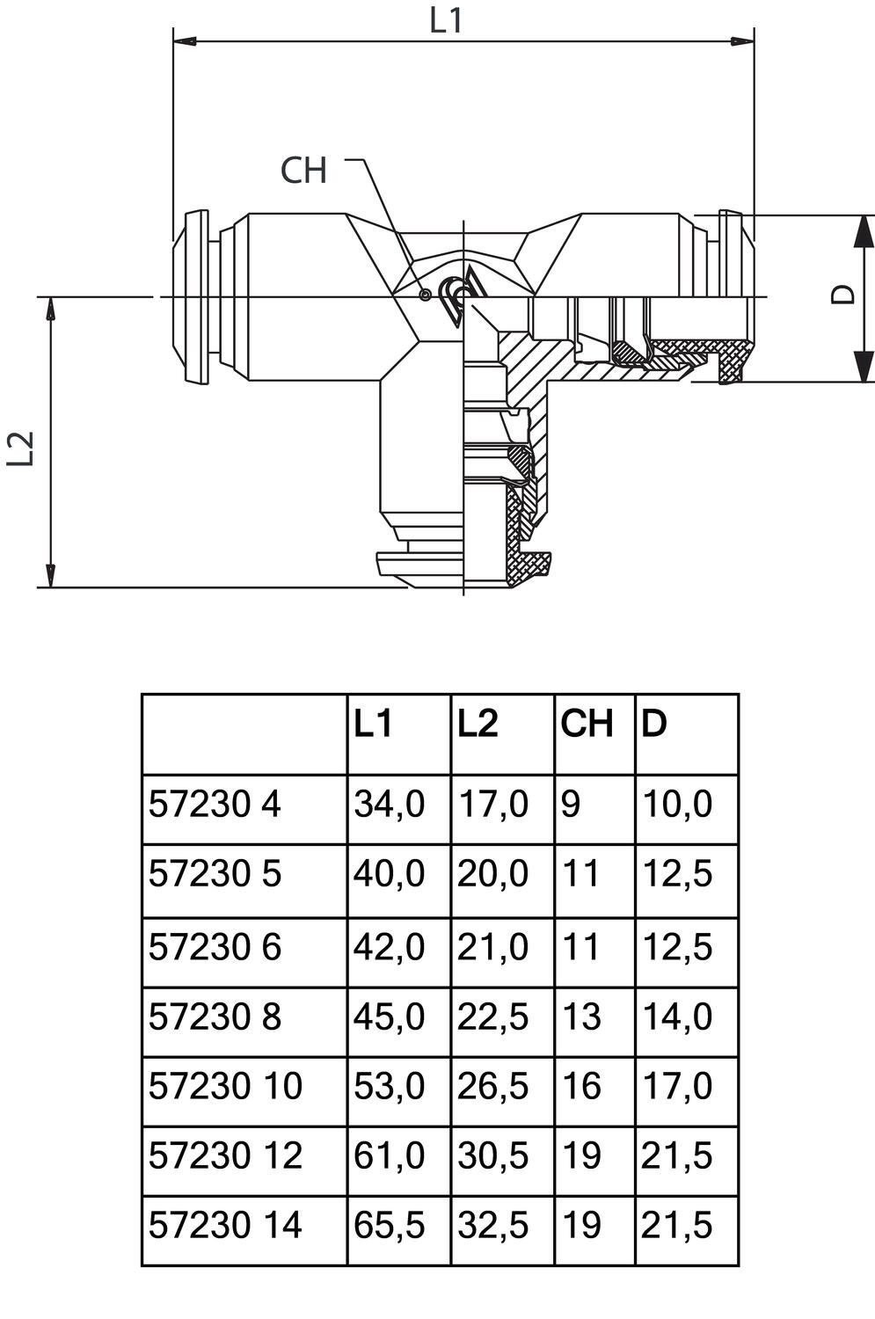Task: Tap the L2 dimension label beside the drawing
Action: (21, 448)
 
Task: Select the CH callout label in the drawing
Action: (303, 171)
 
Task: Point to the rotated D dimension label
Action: (843, 295)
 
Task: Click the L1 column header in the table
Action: (373, 724)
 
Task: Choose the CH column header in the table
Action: (587, 724)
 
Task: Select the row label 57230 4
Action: (215, 805)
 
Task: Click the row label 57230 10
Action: (225, 1086)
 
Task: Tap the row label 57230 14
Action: (225, 1225)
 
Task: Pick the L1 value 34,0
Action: (389, 805)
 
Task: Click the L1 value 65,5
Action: (389, 1225)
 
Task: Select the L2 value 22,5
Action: (492, 1017)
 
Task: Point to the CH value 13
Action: (581, 1017)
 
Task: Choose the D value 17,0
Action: (676, 1086)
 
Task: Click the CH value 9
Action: (571, 805)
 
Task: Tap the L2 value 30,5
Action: (492, 1155)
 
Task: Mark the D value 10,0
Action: (676, 805)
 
